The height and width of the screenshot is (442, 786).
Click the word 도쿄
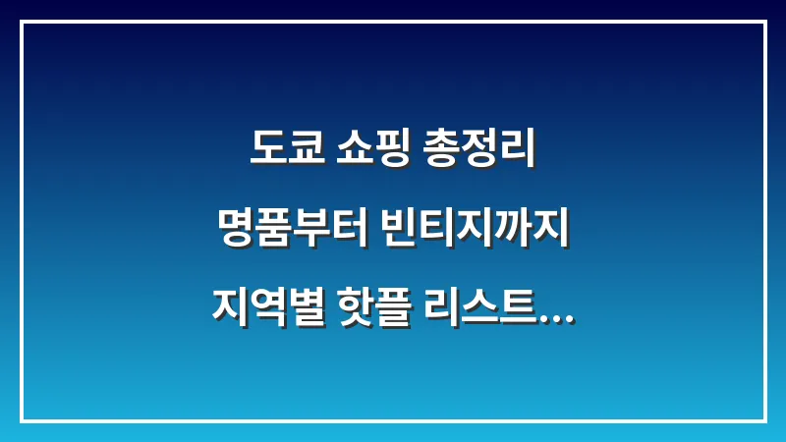pos(286,150)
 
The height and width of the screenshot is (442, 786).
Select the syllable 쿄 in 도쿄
pos(305,150)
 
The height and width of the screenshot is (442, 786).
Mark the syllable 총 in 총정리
pos(441,150)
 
